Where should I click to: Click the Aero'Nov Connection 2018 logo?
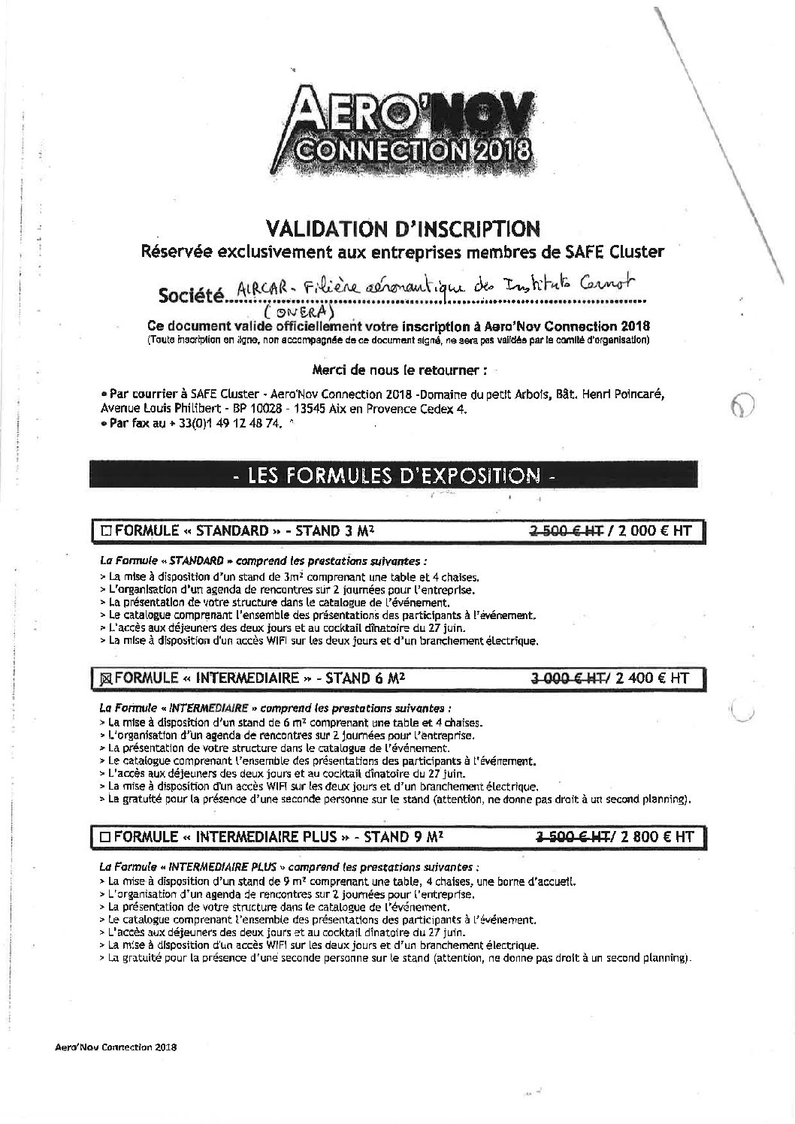coord(405,133)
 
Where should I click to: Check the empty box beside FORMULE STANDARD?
coord(105,531)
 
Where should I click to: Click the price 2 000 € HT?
coord(652,531)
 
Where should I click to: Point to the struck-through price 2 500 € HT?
coord(567,531)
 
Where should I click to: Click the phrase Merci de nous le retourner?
coord(398,370)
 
